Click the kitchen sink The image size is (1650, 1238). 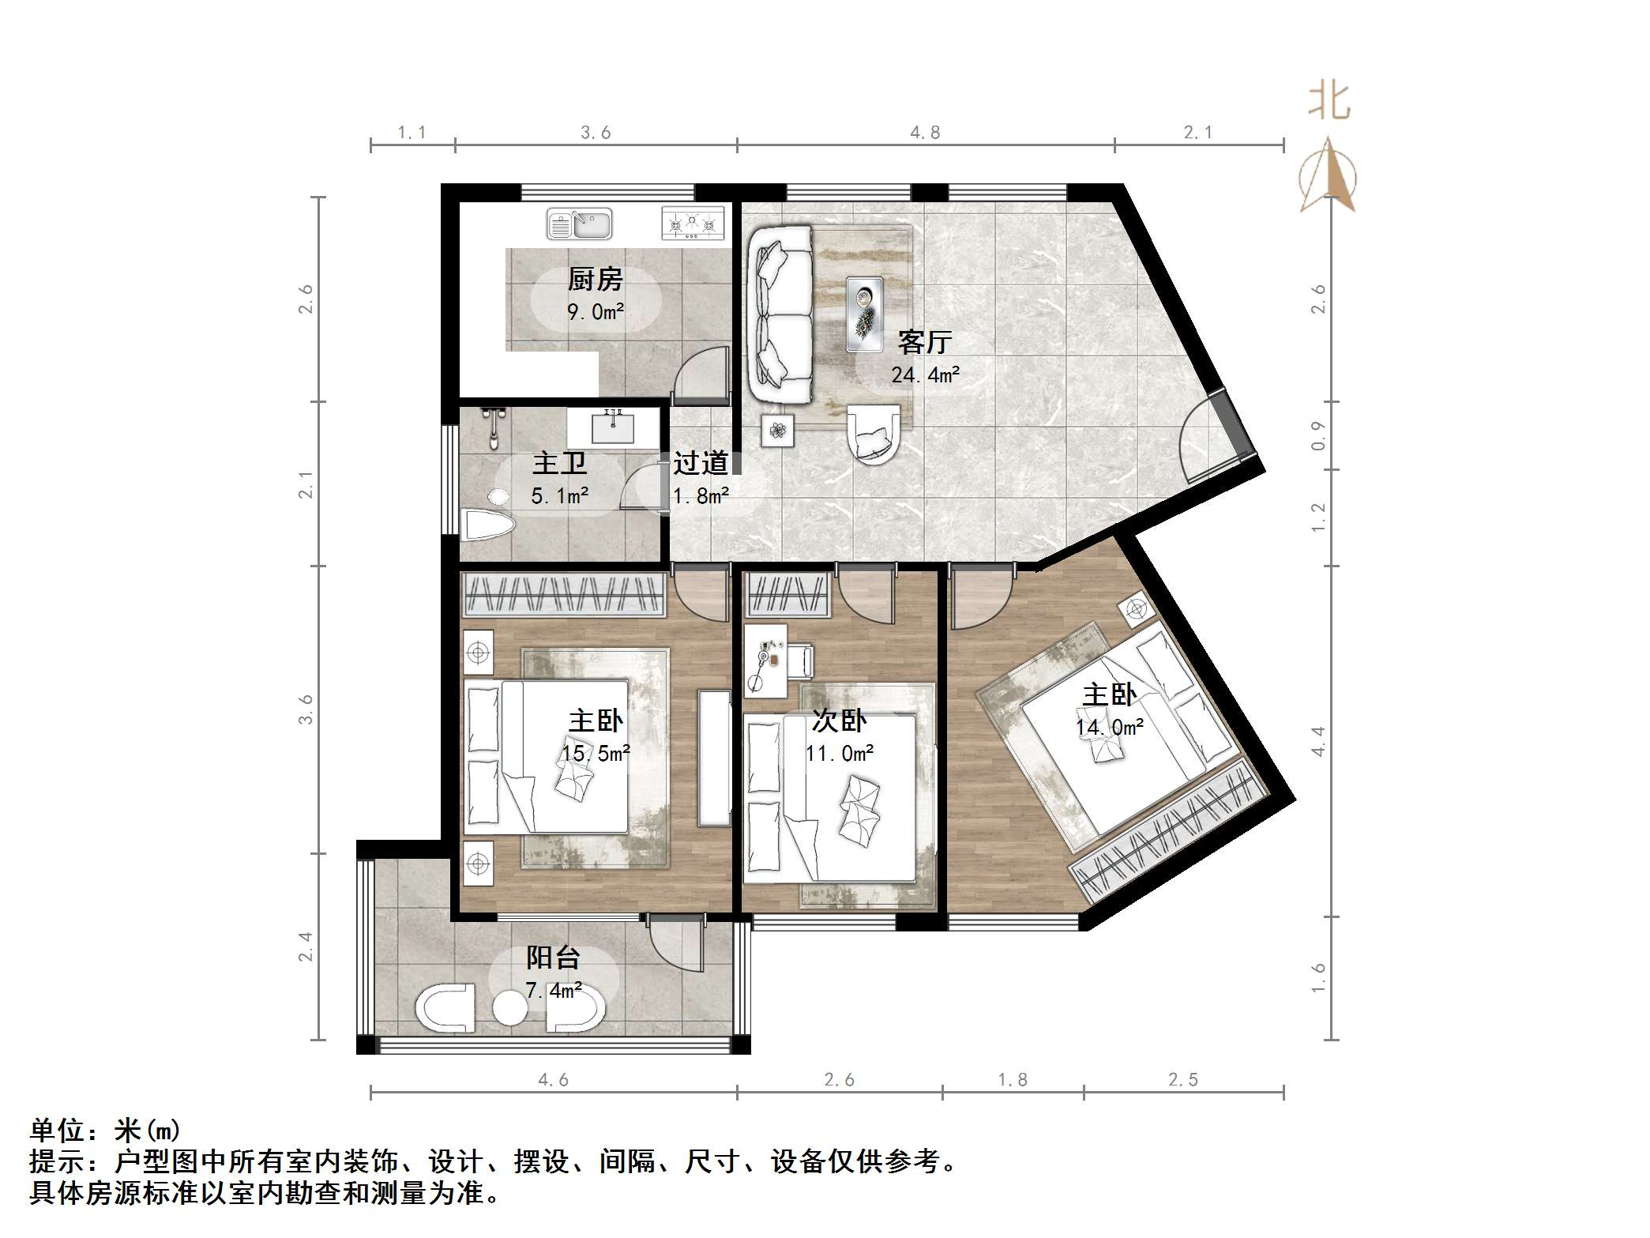pos(580,224)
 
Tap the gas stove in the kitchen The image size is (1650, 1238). pos(693,223)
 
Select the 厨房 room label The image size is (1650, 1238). pos(595,279)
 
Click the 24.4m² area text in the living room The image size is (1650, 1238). pos(925,374)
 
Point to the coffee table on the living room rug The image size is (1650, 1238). pos(864,314)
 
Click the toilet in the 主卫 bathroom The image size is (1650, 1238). pos(487,524)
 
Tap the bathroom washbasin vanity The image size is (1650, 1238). pos(614,429)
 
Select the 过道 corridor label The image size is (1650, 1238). pos(701,463)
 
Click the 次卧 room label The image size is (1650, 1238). pos(839,720)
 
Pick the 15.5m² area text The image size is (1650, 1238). pos(596,753)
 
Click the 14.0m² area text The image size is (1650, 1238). pos(1110,727)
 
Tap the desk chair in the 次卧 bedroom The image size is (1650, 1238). pos(799,661)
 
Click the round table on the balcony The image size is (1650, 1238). pos(509,1010)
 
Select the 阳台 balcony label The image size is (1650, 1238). pos(553,958)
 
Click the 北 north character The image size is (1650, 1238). pos(1329,103)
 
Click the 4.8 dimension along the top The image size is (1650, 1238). pos(925,133)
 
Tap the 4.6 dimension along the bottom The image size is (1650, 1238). pos(553,1079)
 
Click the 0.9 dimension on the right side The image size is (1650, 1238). pos(1317,435)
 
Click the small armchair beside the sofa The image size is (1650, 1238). pos(873,434)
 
